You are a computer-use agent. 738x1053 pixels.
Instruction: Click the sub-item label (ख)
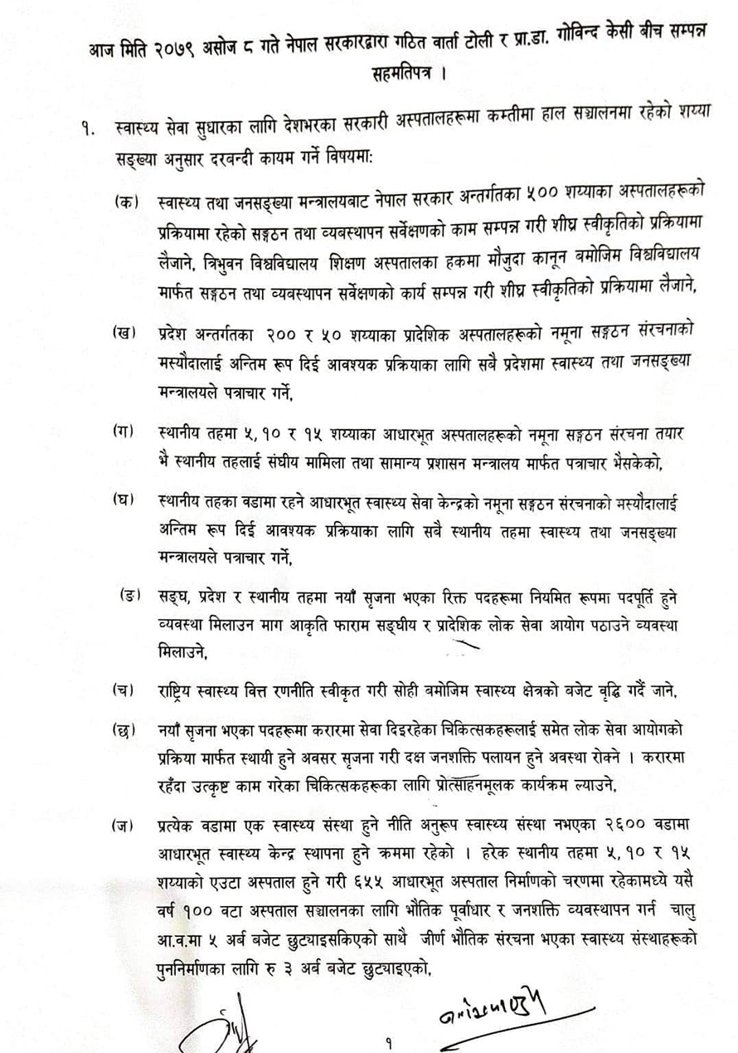pyautogui.click(x=125, y=334)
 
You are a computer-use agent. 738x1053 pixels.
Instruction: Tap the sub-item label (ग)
pyautogui.click(x=125, y=430)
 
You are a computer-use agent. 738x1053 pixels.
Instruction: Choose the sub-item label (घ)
pyautogui.click(x=125, y=500)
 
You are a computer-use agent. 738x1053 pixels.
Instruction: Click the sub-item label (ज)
pyautogui.click(x=125, y=825)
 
